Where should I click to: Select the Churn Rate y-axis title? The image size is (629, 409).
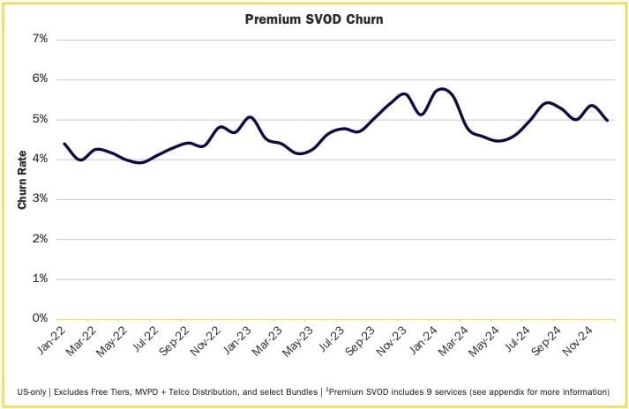point(23,179)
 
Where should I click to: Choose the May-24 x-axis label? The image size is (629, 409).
point(493,340)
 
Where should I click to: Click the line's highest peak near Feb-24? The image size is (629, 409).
point(441,89)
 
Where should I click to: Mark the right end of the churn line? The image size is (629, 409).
point(607,120)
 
